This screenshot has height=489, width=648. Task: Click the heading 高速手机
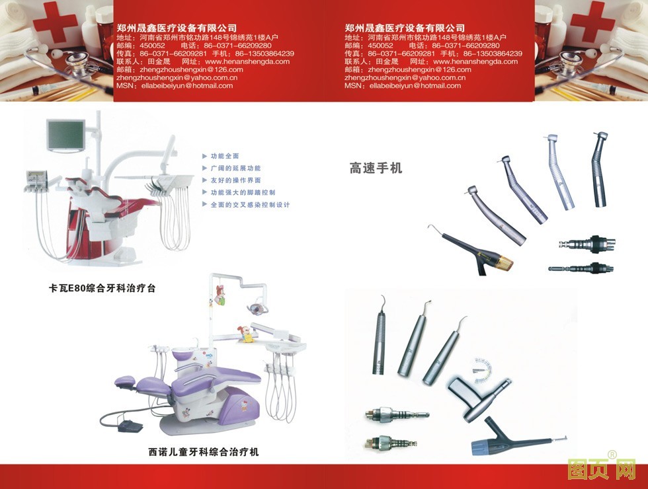(x=376, y=168)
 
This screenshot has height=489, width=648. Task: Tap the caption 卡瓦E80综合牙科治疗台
(x=102, y=288)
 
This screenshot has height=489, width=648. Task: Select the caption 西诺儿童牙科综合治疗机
(x=204, y=452)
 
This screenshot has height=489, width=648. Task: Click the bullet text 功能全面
(x=225, y=156)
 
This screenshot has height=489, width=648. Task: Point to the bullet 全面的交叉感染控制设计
(x=251, y=204)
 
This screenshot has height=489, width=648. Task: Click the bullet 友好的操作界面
(x=235, y=180)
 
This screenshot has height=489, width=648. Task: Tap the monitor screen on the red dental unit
(x=65, y=135)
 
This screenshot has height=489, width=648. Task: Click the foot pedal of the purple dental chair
(x=130, y=426)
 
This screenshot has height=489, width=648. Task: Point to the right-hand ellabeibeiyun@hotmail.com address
(x=415, y=86)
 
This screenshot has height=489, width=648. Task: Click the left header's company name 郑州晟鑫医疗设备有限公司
(x=177, y=28)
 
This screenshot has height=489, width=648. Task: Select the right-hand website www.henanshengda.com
(x=475, y=61)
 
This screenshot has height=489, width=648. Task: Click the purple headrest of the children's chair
(x=125, y=379)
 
